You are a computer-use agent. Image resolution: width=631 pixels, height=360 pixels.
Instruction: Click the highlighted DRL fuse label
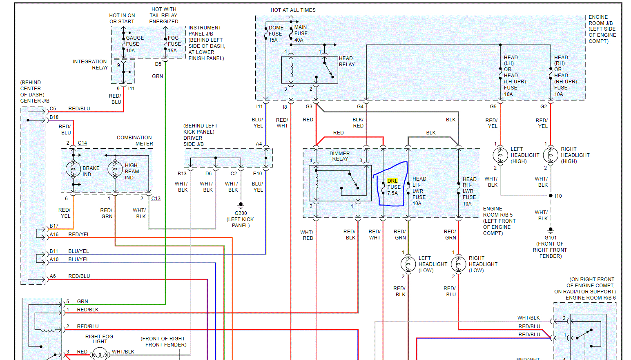pos(392,181)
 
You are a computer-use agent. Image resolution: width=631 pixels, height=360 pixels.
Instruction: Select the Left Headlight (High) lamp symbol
pos(500,155)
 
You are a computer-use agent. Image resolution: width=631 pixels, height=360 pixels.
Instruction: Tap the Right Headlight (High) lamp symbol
pos(550,155)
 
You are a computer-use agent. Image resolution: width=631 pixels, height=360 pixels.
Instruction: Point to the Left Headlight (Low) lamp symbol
pos(408,264)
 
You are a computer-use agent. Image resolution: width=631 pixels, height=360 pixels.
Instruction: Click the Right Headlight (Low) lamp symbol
pos(458,264)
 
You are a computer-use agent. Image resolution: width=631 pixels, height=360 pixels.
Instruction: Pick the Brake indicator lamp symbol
pos(74,168)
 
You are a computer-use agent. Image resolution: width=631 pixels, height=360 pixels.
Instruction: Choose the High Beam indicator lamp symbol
pos(115,168)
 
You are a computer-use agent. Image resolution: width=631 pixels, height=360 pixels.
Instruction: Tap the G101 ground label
pos(551,237)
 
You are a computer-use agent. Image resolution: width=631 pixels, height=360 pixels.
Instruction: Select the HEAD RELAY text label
pos(346,61)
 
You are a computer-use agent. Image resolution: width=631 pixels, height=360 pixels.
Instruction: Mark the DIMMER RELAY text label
pos(340,156)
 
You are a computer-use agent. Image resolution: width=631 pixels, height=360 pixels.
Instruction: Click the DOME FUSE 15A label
pos(276,34)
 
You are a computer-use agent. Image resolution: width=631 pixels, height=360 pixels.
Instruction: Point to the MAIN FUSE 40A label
pos(301,34)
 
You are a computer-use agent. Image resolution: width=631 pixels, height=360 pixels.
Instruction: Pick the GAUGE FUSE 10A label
pos(134,44)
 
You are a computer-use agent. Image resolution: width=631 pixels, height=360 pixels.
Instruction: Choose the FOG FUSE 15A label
pos(174,44)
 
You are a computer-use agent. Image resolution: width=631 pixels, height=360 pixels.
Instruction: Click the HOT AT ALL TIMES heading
pos(293,10)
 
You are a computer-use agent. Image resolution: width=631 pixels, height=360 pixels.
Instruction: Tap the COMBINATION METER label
pos(135,141)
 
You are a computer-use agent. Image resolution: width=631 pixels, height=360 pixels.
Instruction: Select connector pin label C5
pos(53,109)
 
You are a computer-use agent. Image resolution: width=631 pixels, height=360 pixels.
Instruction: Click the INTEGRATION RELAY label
pos(90,65)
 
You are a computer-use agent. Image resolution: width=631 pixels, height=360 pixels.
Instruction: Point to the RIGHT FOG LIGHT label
pos(99,339)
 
